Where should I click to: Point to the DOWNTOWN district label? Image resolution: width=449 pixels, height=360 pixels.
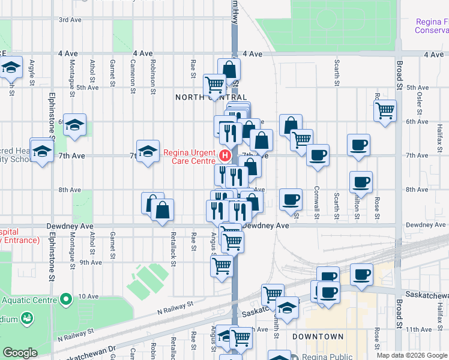pos(318,337)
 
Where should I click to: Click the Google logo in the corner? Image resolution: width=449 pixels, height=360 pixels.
pos(20,353)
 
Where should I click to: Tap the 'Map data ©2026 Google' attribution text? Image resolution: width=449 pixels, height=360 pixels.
pos(412,355)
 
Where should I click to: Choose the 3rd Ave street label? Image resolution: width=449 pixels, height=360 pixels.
pos(70,20)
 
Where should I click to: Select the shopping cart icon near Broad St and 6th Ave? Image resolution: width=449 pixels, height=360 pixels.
pos(385,110)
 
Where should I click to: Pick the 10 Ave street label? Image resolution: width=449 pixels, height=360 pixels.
pos(88,296)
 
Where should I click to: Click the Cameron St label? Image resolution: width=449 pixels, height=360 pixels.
pos(132,76)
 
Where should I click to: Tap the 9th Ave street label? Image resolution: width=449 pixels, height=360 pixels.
pos(91,262)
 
